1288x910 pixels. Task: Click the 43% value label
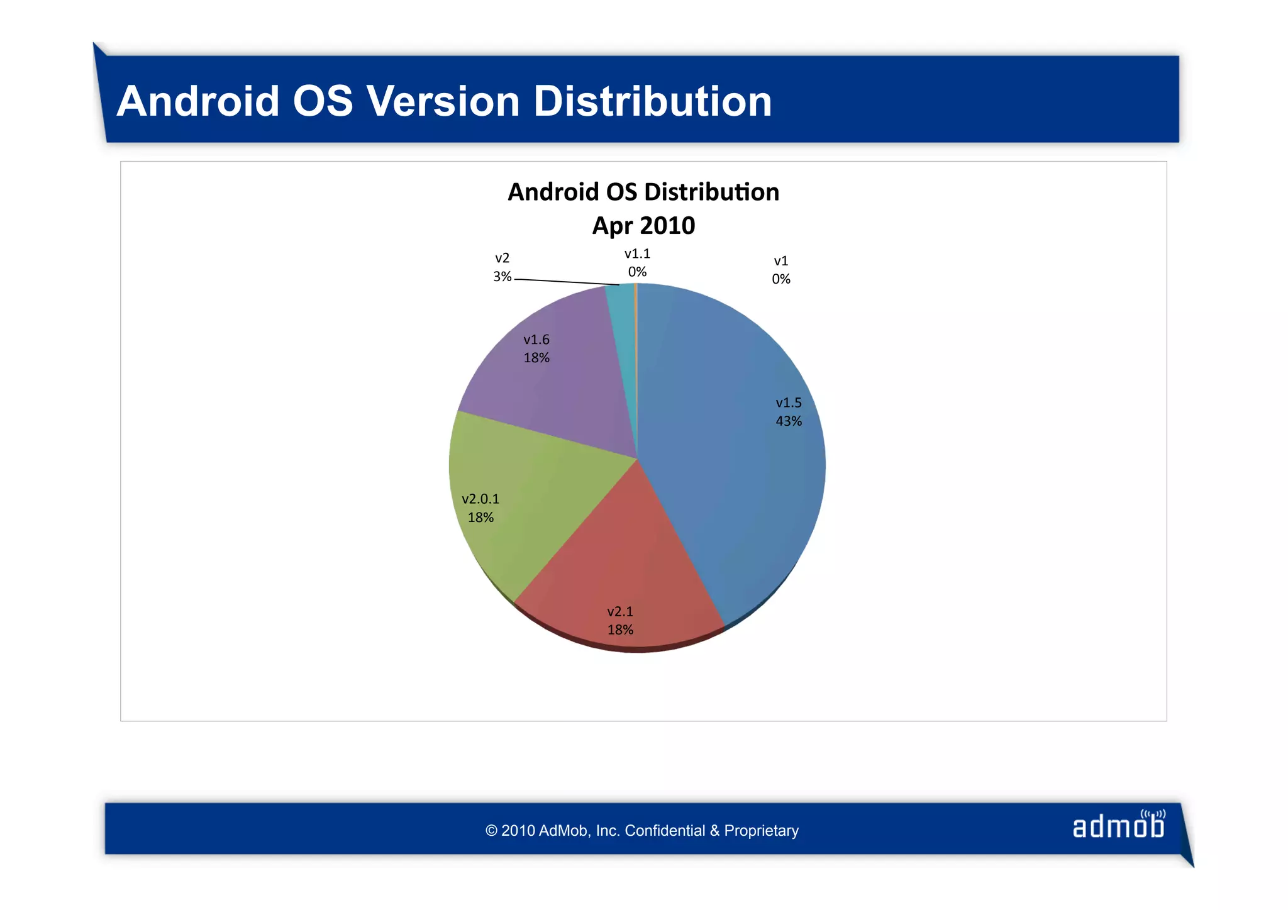coord(789,421)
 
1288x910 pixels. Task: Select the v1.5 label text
coord(789,403)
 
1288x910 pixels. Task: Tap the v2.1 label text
coord(620,611)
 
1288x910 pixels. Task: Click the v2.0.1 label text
coord(480,499)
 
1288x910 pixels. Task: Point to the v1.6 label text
coord(536,340)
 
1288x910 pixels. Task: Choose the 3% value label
coord(502,277)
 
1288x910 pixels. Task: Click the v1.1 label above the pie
coord(637,253)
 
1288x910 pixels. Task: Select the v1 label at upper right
coord(781,260)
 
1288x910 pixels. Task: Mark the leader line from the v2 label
coord(566,282)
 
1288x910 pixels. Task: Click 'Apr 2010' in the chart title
coord(643,226)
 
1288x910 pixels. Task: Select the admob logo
coord(1119,826)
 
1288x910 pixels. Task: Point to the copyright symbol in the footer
coord(492,831)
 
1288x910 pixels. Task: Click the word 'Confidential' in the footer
coord(665,831)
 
